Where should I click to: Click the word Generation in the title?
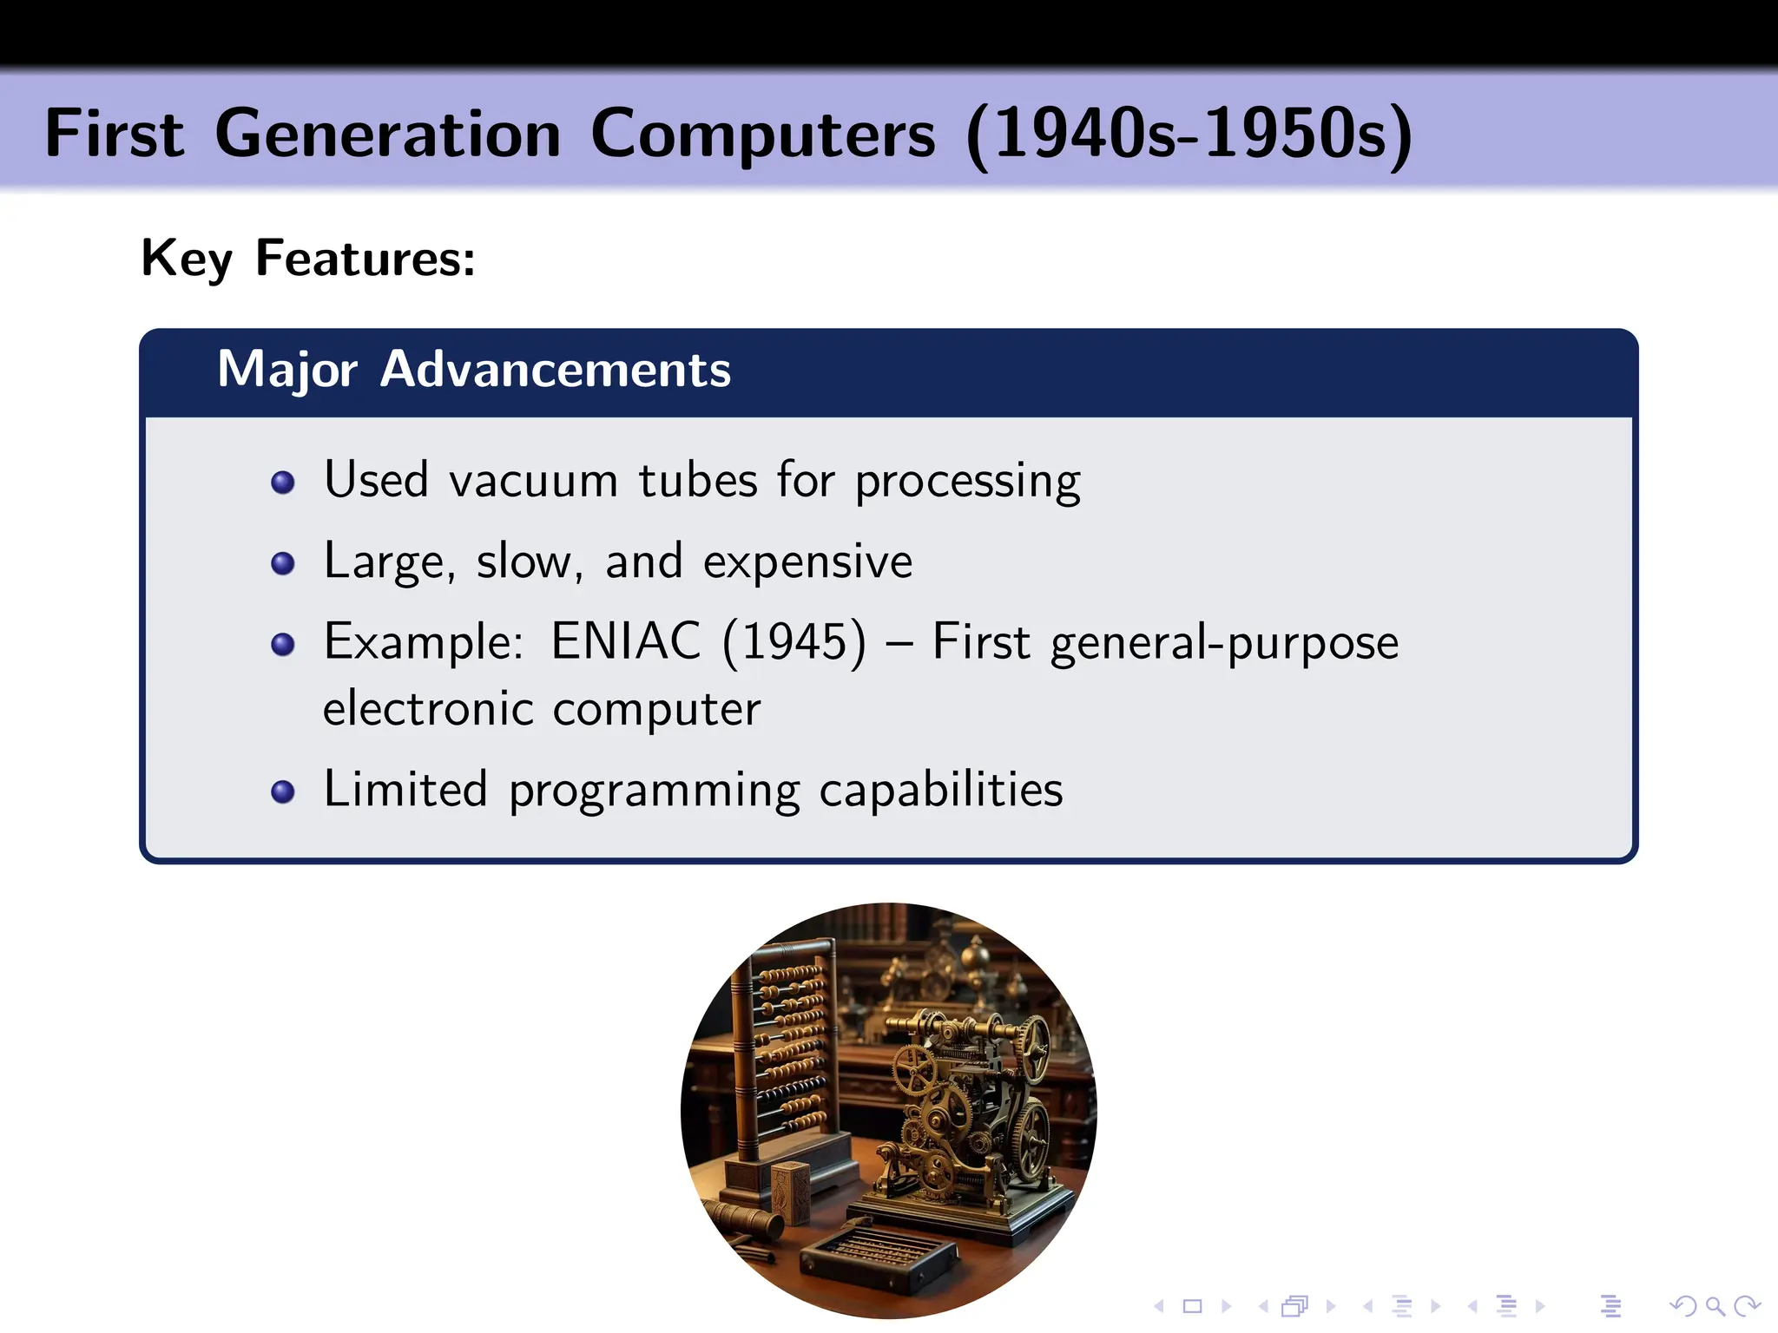coord(387,135)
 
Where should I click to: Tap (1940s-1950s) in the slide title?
coord(1189,135)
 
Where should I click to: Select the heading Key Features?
coord(308,259)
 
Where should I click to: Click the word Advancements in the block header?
coord(556,370)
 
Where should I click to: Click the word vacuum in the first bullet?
coord(533,482)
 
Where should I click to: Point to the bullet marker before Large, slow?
coord(283,564)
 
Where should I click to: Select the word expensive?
coord(807,562)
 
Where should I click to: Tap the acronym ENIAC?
coord(625,642)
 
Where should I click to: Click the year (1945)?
coord(794,642)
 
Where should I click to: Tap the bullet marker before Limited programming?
coord(283,791)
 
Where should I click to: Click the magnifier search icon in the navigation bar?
coord(1715,1306)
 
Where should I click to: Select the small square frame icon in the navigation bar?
coord(1192,1306)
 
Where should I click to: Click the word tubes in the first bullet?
coord(698,480)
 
